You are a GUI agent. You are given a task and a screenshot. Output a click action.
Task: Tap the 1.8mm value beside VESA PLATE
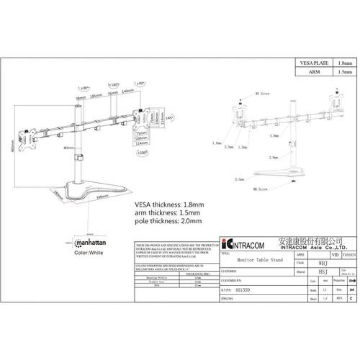click(345, 63)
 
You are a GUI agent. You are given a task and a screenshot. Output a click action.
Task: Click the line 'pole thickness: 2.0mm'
click(167, 221)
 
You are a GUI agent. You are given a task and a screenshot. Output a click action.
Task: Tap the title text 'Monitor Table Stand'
click(256, 260)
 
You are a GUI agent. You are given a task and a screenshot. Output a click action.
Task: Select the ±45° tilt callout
click(169, 118)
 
